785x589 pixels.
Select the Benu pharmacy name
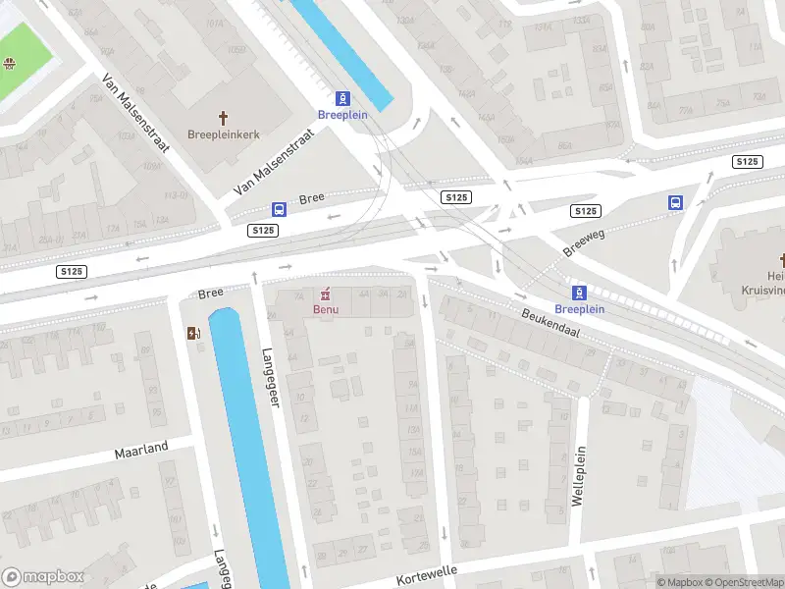click(x=326, y=310)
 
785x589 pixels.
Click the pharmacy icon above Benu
click(x=326, y=294)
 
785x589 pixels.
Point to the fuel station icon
click(x=193, y=332)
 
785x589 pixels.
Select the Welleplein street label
click(x=578, y=479)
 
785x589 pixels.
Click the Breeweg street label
click(x=586, y=238)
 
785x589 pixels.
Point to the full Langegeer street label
click(x=271, y=378)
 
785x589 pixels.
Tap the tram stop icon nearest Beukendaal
click(x=579, y=292)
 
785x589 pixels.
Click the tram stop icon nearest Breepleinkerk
click(x=342, y=98)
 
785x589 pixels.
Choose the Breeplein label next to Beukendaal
click(x=580, y=309)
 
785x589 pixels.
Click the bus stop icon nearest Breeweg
click(x=676, y=202)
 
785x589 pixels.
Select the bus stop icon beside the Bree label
click(x=279, y=209)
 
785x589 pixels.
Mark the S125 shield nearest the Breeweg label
click(x=586, y=211)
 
